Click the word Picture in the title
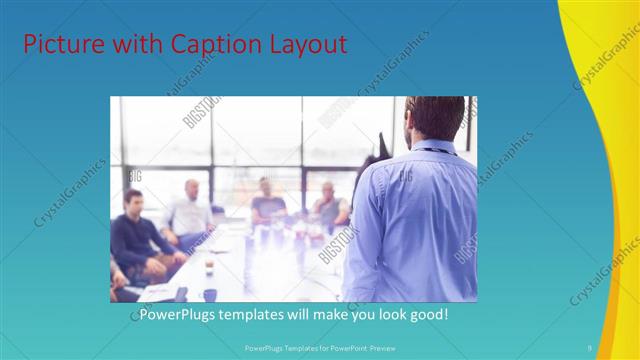59,44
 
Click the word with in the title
132,44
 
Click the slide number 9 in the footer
590,347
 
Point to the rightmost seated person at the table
328,205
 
